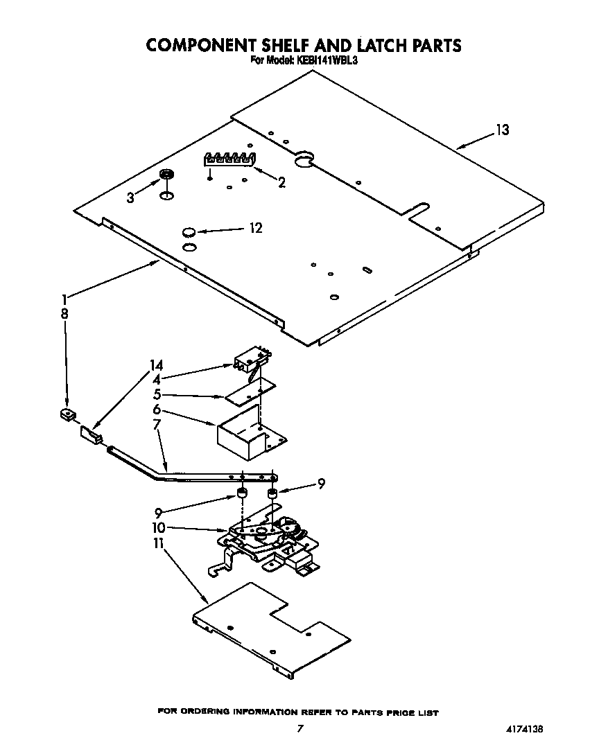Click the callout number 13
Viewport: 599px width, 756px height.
point(502,130)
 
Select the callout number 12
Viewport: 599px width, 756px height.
point(256,228)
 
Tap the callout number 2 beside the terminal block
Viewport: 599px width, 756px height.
point(281,182)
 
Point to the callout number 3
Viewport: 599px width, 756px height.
point(130,198)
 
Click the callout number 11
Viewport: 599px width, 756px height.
point(158,544)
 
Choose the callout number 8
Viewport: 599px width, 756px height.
point(64,313)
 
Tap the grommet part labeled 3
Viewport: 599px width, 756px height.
point(166,175)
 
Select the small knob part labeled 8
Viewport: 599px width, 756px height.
point(67,416)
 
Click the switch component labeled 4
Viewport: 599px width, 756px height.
point(251,358)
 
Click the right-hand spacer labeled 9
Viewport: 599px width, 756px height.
point(272,494)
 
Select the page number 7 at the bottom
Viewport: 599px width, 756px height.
point(299,728)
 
